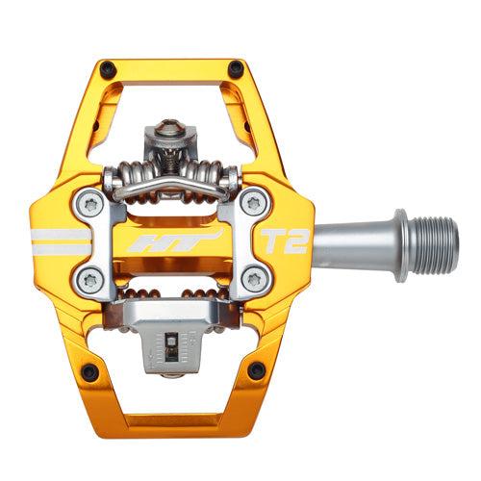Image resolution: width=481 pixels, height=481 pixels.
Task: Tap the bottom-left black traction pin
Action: [89, 371]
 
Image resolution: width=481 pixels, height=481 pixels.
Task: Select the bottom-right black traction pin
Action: [255, 369]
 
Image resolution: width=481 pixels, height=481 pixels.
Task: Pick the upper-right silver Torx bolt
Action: [254, 202]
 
